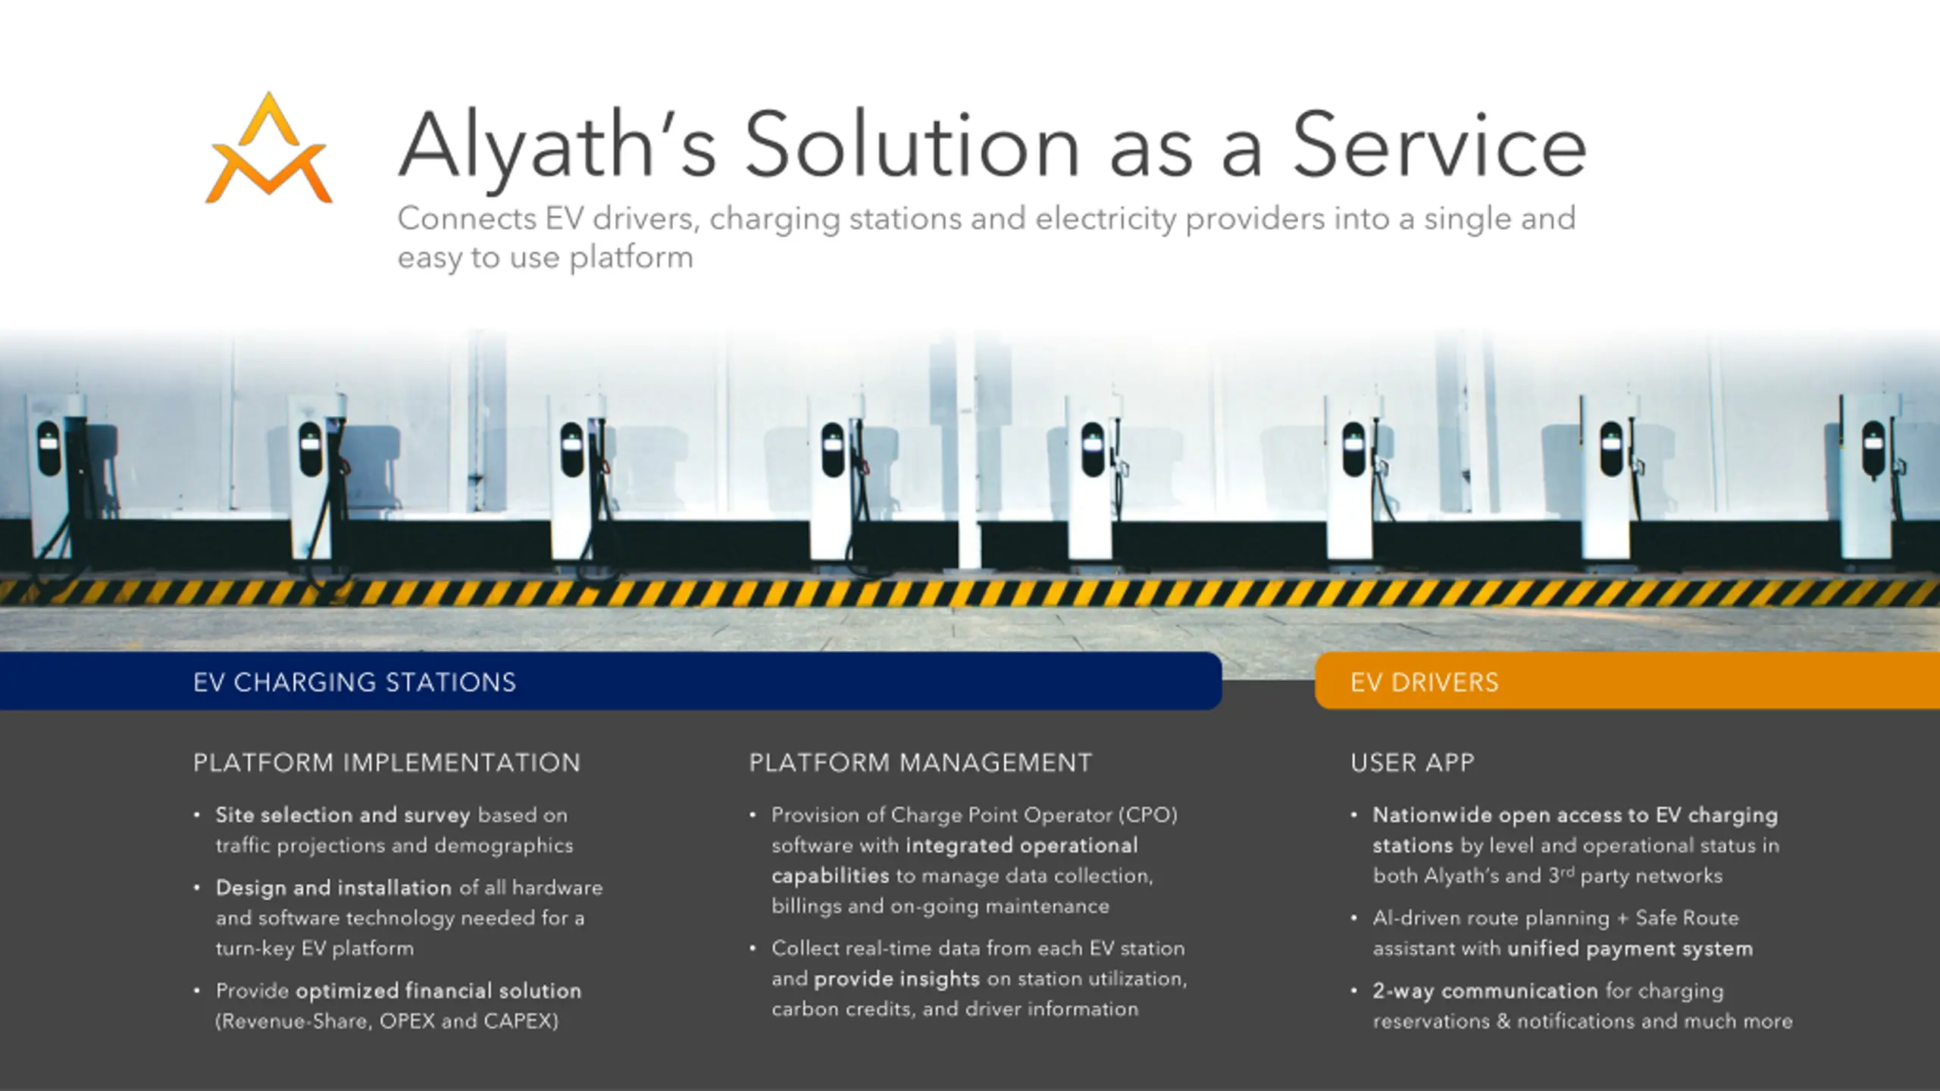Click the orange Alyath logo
(269, 149)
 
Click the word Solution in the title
(912, 145)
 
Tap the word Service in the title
(1438, 145)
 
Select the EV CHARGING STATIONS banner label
(355, 683)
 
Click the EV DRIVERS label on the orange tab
(1424, 683)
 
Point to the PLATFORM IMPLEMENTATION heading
(386, 762)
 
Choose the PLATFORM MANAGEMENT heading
(920, 762)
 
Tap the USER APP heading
(1412, 762)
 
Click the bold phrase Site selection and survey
(343, 815)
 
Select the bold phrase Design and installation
(333, 888)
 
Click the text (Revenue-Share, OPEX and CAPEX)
(386, 1021)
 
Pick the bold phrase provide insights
(896, 979)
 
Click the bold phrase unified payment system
(1630, 949)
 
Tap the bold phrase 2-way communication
(1485, 991)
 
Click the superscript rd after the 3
(1566, 871)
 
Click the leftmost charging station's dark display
(48, 449)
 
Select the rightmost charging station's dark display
(1873, 448)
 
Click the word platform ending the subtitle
(631, 258)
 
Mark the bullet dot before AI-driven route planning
(1353, 918)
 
